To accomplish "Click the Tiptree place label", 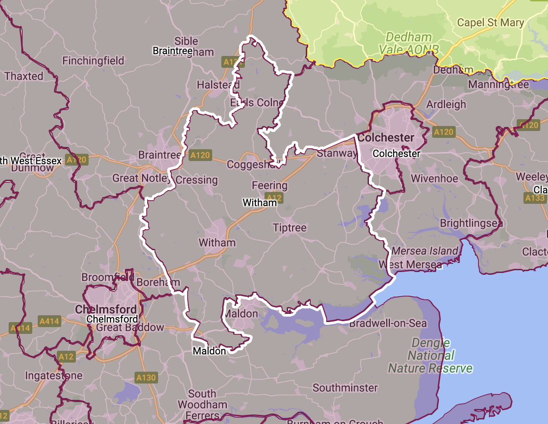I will (x=289, y=227).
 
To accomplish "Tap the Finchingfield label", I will (x=93, y=61).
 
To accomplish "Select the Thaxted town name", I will (x=24, y=76).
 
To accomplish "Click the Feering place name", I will (x=269, y=186).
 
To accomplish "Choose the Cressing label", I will (x=196, y=180).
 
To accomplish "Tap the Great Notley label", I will (x=140, y=178).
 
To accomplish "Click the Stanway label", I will (x=337, y=153).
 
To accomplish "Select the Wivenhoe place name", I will (x=434, y=178).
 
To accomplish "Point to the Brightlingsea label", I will (x=471, y=223).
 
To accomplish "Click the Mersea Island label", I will (x=425, y=251).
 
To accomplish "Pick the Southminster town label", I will (x=345, y=388).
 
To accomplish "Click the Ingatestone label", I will (x=54, y=376).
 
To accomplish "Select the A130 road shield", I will (x=146, y=377).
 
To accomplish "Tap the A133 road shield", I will (x=534, y=198).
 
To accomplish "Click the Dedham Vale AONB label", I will (x=409, y=43).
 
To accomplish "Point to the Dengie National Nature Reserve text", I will (x=430, y=355).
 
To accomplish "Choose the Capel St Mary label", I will (x=490, y=22).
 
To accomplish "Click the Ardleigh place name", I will (x=446, y=104).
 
